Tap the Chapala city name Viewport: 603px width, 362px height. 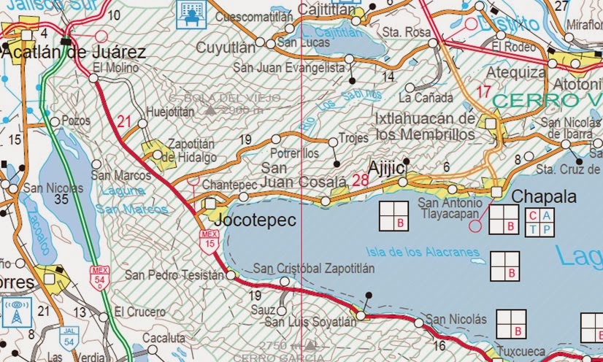pyautogui.click(x=544, y=197)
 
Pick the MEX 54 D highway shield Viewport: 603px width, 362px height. pyautogui.click(x=99, y=277)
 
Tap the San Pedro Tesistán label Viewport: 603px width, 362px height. pyautogui.click(x=174, y=275)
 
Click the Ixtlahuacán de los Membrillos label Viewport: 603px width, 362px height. pyautogui.click(x=425, y=126)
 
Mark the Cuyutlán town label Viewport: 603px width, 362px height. pyautogui.click(x=226, y=47)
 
